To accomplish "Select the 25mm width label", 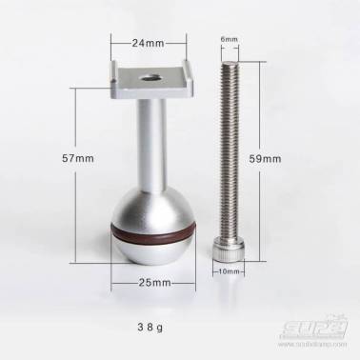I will pos(153,283).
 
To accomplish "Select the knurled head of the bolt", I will pos(229,251).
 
